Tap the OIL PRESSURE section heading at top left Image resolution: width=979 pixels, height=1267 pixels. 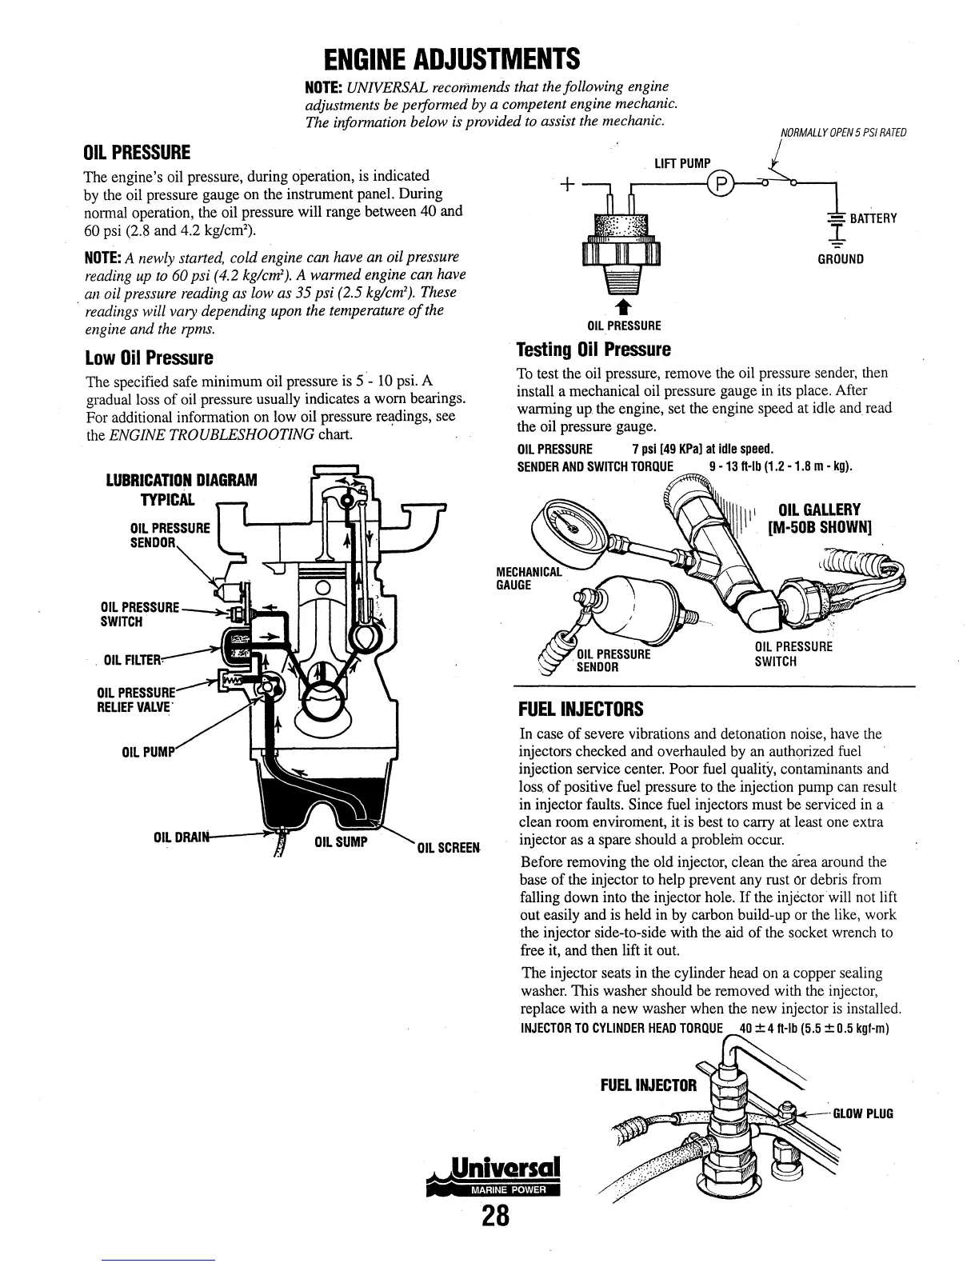pyautogui.click(x=137, y=152)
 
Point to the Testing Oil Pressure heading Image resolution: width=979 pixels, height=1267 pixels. pyautogui.click(x=593, y=350)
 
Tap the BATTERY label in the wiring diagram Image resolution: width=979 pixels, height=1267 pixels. pyautogui.click(x=873, y=219)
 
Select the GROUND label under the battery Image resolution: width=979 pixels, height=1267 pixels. pyautogui.click(x=840, y=259)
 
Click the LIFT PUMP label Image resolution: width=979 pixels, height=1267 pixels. pyautogui.click(x=682, y=164)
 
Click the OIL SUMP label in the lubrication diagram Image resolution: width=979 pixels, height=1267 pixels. pyautogui.click(x=341, y=841)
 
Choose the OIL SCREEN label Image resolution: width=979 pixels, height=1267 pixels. pyautogui.click(x=447, y=847)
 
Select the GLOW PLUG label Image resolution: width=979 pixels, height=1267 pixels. pyautogui.click(x=863, y=1113)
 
